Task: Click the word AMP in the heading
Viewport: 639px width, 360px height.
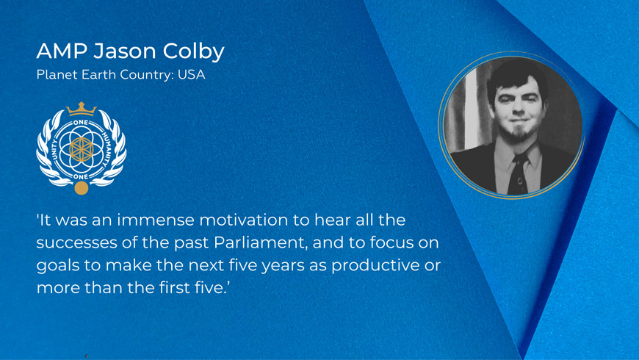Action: (x=62, y=51)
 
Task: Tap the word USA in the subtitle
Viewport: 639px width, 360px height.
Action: (x=191, y=75)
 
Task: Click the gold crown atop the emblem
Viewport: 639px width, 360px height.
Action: (x=82, y=109)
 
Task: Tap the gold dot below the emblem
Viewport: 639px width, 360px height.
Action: (x=82, y=188)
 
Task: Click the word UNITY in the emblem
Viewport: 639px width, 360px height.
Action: (x=55, y=150)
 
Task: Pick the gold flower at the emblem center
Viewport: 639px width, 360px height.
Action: (x=82, y=150)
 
